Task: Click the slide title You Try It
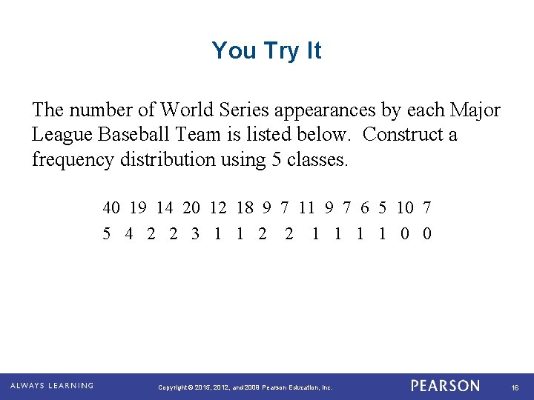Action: tap(266, 50)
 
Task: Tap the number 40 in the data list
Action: tap(113, 208)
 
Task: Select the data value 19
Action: tap(138, 208)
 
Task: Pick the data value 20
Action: tap(191, 208)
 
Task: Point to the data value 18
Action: tap(245, 208)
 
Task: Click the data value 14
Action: tap(165, 208)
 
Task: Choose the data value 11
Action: tap(306, 208)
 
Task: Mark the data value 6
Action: tap(365, 208)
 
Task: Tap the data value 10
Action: tap(405, 208)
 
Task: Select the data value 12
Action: tap(218, 208)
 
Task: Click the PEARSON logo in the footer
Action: tap(445, 386)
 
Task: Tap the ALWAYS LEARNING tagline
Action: tap(52, 386)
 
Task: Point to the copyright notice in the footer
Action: tap(246, 387)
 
